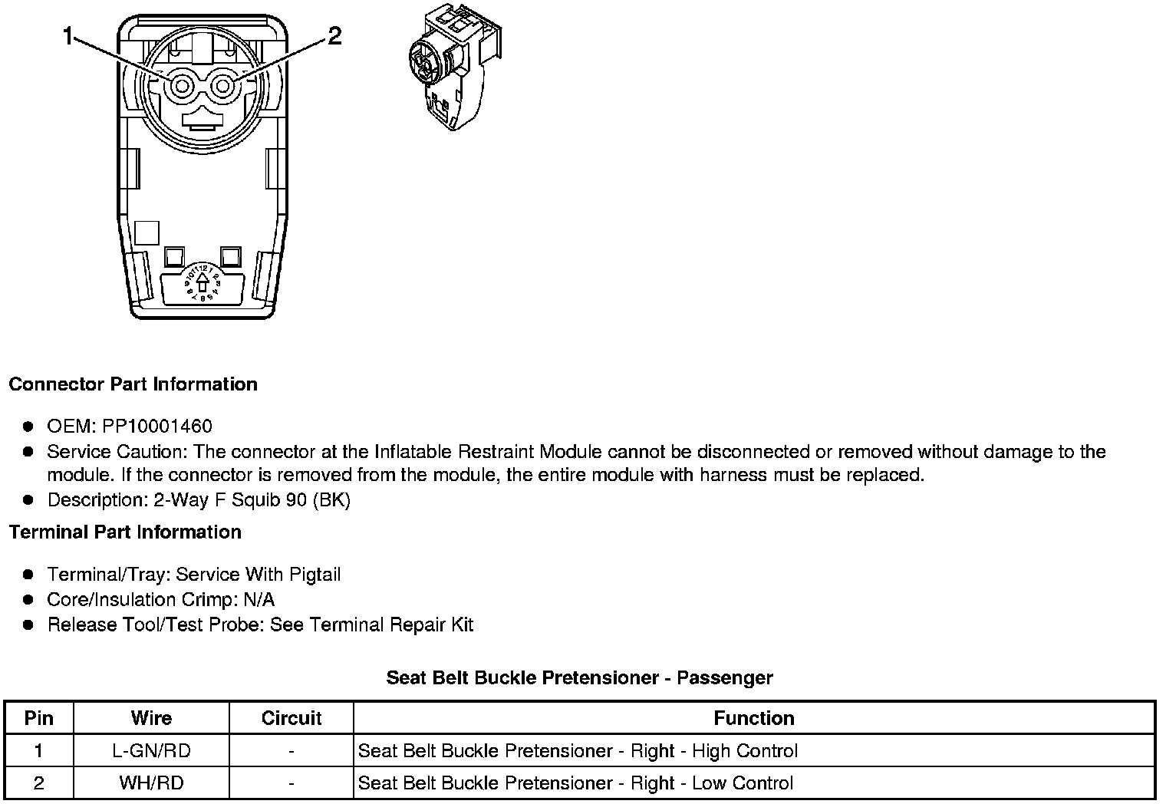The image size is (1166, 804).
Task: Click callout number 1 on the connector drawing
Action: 68,36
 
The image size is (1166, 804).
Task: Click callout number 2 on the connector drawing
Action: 334,36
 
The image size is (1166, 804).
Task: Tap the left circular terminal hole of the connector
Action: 182,86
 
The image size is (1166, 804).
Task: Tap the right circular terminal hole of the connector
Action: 222,86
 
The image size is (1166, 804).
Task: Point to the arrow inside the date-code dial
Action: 203,283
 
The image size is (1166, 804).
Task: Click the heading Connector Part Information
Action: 133,384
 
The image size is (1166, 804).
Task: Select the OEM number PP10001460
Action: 157,427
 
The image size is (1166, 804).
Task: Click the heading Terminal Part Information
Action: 125,532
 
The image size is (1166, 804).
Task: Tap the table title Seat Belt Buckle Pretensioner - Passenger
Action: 579,678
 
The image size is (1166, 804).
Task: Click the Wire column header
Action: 151,718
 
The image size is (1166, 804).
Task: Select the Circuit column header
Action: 291,718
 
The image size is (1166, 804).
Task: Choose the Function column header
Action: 754,718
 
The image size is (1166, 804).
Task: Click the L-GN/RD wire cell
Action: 151,751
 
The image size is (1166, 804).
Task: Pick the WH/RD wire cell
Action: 151,783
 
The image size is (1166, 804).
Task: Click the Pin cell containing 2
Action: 39,783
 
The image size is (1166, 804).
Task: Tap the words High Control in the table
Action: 745,751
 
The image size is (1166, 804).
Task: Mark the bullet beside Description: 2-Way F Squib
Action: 28,500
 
